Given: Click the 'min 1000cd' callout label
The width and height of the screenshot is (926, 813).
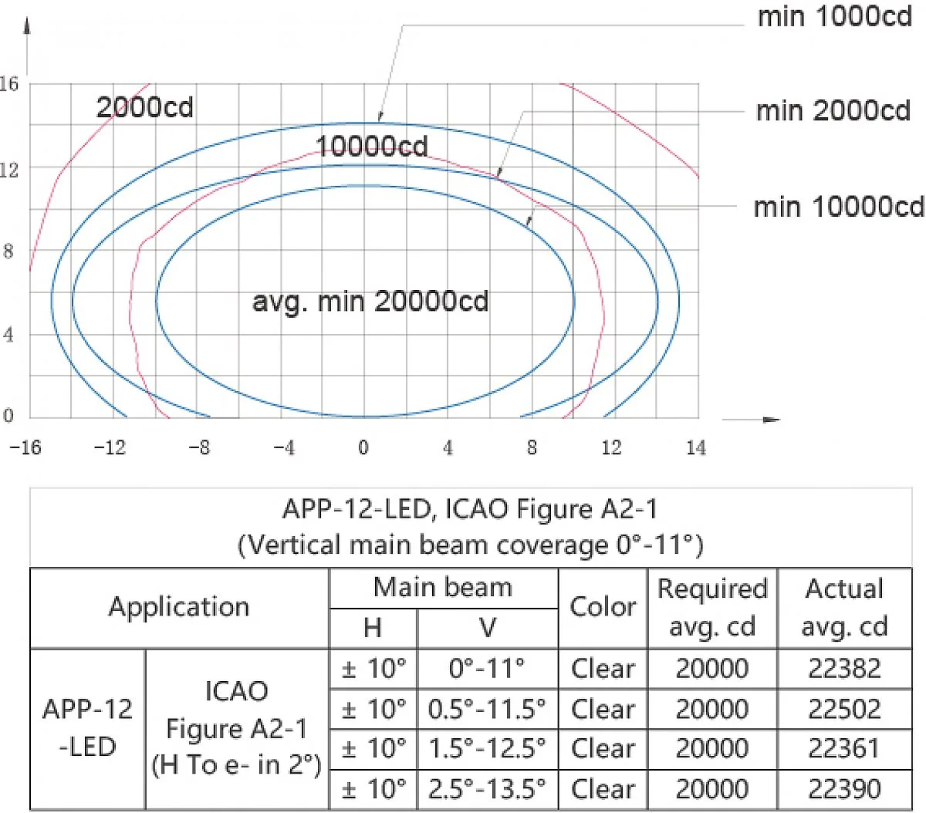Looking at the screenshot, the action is point(835,17).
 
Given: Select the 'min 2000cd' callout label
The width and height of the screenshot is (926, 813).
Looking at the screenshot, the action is point(833,111).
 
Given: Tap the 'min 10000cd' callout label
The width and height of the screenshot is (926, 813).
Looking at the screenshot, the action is point(839,207).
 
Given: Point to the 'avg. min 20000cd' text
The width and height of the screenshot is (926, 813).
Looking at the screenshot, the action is point(370,302).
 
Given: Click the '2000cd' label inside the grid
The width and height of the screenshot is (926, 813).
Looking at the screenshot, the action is point(145,107).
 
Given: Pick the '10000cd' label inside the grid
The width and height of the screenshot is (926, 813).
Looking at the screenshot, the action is point(372,147).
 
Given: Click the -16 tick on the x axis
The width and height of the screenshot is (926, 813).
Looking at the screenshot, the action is point(25,447).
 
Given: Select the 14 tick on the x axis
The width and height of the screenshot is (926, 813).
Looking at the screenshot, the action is point(696,447).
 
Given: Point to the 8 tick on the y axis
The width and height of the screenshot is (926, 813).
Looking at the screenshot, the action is point(8,251).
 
